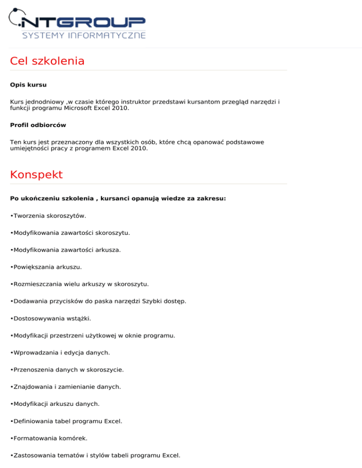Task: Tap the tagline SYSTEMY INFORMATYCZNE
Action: pos(84,35)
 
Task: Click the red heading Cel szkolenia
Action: pos(47,61)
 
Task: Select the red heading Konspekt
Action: pos(36,175)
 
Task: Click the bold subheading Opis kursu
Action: pos(28,85)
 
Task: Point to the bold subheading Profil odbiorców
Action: pos(38,125)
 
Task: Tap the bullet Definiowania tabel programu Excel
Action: pos(66,421)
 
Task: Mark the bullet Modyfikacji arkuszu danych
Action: pos(55,403)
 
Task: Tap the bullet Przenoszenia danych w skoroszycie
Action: pos(67,370)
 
